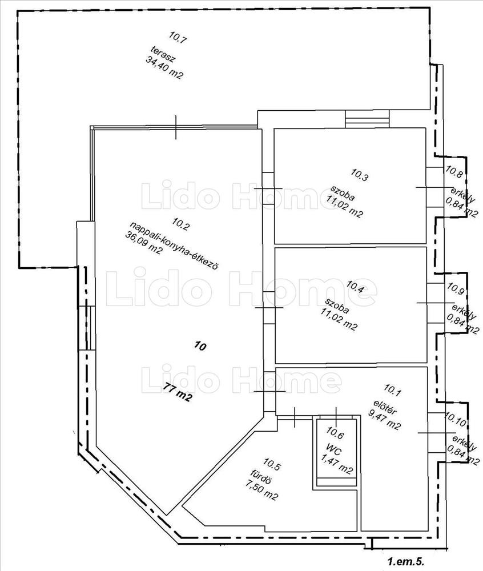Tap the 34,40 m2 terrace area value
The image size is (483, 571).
[x=164, y=67]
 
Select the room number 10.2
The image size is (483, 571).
[x=181, y=224]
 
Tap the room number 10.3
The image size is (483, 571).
[x=360, y=175]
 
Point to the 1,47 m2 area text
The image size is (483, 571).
[x=337, y=464]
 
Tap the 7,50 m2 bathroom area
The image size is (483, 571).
[x=261, y=489]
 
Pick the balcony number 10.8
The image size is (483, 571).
[x=454, y=171]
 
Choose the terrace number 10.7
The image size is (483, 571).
[x=178, y=37]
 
